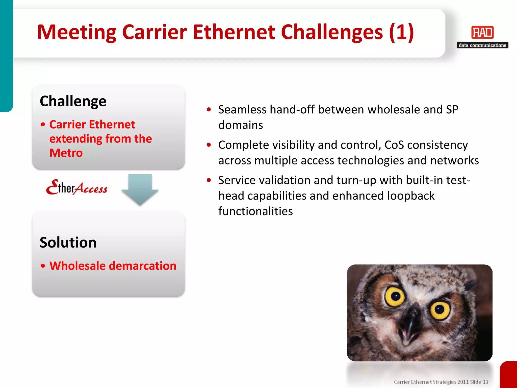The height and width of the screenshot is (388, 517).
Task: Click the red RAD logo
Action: [482, 32]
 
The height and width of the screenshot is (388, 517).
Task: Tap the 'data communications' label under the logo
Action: [482, 45]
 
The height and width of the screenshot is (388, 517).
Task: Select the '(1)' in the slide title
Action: [401, 32]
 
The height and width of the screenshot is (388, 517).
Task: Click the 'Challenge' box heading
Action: [73, 101]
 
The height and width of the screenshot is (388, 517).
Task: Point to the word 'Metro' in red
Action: [66, 153]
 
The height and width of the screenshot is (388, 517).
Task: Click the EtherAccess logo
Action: [77, 188]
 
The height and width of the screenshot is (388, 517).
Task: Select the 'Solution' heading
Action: [68, 243]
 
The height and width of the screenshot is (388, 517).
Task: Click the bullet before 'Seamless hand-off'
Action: [209, 110]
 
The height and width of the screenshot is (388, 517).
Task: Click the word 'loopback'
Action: [411, 196]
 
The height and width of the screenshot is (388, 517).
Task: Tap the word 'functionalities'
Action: [255, 211]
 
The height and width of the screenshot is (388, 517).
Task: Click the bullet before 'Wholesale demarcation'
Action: [43, 266]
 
